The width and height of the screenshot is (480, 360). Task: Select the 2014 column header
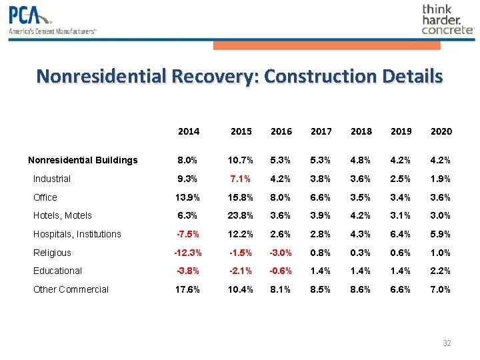pyautogui.click(x=189, y=131)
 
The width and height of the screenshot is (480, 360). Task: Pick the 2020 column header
pyautogui.click(x=441, y=131)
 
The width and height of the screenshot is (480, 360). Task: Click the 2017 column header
pyautogui.click(x=321, y=131)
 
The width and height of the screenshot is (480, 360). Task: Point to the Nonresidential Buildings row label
pyautogui.click(x=83, y=160)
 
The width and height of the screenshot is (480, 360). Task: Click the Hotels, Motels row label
pyautogui.click(x=63, y=215)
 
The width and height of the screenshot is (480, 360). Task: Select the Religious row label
pyautogui.click(x=52, y=253)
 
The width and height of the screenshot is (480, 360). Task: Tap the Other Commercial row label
pyautogui.click(x=71, y=289)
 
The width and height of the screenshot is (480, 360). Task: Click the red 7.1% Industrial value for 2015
pyautogui.click(x=241, y=179)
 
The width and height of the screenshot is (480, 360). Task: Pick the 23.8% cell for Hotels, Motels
pyautogui.click(x=241, y=215)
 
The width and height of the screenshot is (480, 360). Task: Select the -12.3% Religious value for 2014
pyautogui.click(x=189, y=253)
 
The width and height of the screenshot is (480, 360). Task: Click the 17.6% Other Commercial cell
pyautogui.click(x=189, y=289)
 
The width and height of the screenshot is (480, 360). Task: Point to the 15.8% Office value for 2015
pyautogui.click(x=241, y=197)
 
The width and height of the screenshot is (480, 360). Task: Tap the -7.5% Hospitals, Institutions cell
pyautogui.click(x=189, y=234)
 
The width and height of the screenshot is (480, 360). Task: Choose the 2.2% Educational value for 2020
pyautogui.click(x=441, y=271)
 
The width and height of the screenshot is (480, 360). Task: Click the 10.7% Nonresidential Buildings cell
pyautogui.click(x=241, y=160)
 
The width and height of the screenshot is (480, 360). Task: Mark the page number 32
pyautogui.click(x=447, y=343)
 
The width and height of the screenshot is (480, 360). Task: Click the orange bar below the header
pyautogui.click(x=327, y=45)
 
